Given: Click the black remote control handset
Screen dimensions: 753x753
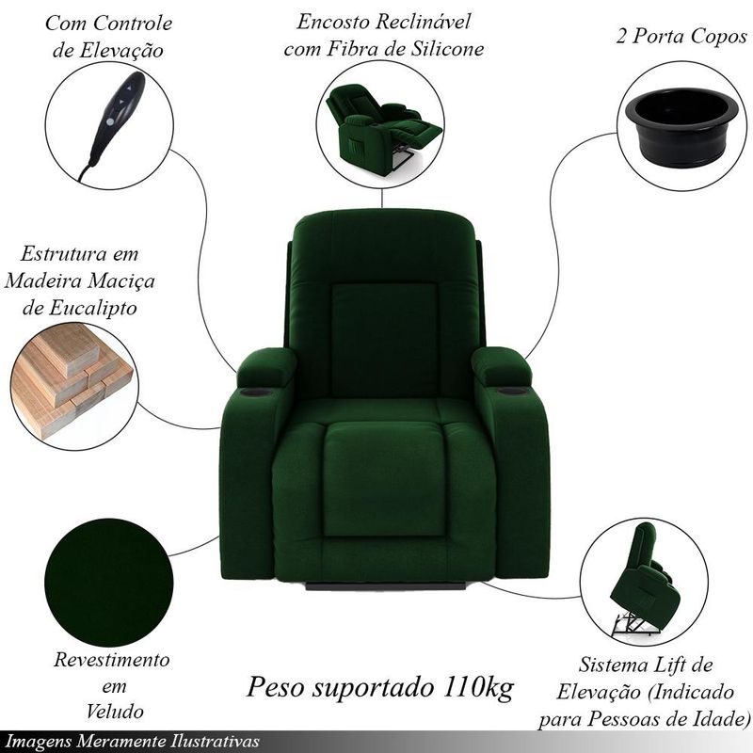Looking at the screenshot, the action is point(114,120).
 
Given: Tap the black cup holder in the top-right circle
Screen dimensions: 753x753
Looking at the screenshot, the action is point(681,127).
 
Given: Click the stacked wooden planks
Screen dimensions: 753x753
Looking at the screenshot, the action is point(72,379).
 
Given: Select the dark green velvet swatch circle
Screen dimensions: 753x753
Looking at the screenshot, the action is point(108,583).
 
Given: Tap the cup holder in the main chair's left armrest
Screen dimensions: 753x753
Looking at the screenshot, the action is point(256,393).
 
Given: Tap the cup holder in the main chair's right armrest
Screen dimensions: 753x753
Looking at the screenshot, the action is point(512,392).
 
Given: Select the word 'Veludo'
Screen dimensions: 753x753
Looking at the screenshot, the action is point(115,712).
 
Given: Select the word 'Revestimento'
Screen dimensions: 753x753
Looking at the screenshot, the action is point(111,660).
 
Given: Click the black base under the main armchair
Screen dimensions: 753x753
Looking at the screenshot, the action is point(386,585).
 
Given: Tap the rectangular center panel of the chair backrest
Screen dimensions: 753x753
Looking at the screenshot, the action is point(384,340).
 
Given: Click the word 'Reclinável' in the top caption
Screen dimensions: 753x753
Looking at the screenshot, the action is point(423,22).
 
